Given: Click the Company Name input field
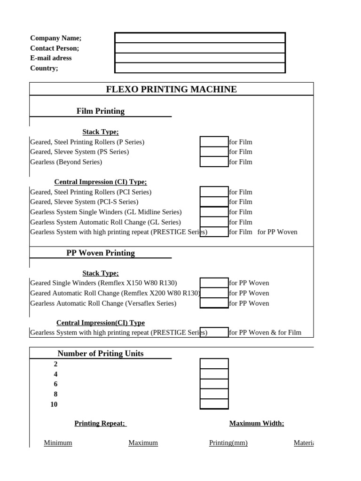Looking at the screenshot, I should coord(200,38).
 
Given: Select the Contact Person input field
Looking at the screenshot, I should coord(200,48).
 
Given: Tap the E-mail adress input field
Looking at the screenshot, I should coord(200,58).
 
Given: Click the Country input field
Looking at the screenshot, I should coord(200,68).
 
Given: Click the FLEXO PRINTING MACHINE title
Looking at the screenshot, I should coord(171,89).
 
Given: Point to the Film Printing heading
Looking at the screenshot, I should coord(101,111).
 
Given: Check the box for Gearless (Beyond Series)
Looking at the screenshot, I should coord(214,162).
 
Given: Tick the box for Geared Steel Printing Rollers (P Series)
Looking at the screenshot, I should coord(214,142).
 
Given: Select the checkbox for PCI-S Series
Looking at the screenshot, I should coord(214,202).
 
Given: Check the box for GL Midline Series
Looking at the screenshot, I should coord(214,212).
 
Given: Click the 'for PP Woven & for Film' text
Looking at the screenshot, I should coord(265,333).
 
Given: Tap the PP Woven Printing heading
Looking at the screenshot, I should coord(101,253).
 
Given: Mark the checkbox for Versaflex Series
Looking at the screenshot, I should coord(214,303).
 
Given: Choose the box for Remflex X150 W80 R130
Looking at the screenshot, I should coord(214,283).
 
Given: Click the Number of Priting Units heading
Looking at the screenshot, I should coord(101,353).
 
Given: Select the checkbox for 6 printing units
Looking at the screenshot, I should coord(214,384).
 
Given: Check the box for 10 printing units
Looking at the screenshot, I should coord(214,404).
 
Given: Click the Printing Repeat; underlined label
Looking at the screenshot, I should coord(100,423).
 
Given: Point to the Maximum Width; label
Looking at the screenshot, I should coord(257,423).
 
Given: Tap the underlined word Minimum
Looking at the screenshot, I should coord(58,442).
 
